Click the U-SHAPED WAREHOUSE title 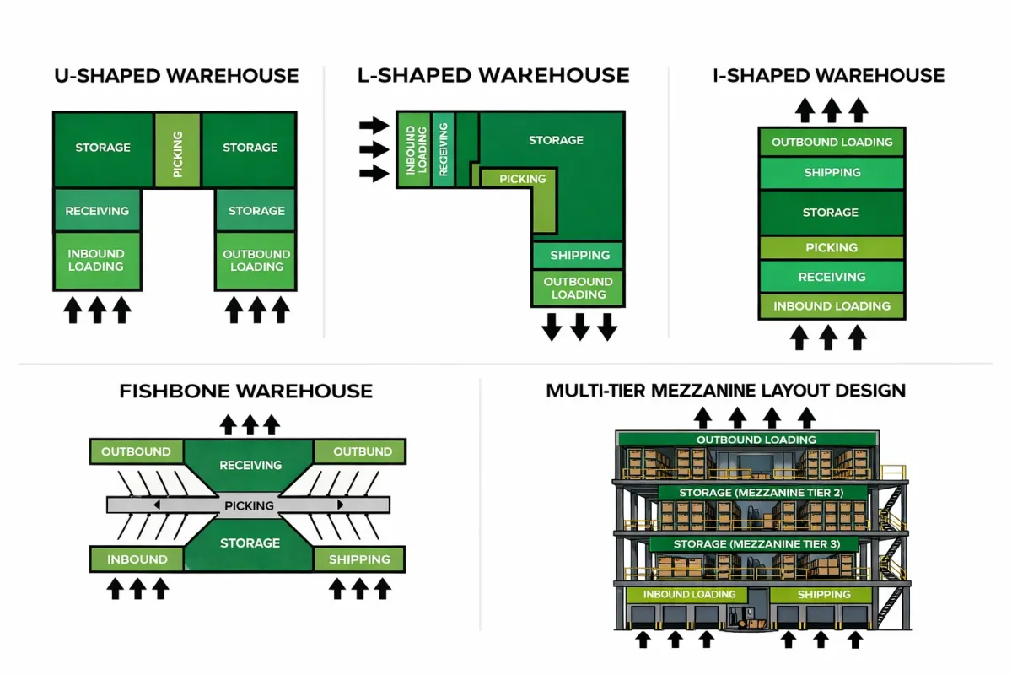(176, 76)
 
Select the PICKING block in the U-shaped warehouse (177, 150)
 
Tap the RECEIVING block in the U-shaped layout (97, 211)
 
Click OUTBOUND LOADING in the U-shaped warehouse (256, 260)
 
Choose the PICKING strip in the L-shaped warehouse (523, 179)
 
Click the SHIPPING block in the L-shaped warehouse (579, 255)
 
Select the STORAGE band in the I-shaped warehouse (832, 213)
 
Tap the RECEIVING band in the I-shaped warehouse (832, 277)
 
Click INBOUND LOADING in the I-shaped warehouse (832, 306)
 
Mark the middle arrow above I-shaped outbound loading (832, 110)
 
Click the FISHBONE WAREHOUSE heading (246, 391)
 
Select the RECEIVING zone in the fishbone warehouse (250, 465)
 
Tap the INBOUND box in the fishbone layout (137, 559)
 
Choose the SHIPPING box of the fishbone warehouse (359, 559)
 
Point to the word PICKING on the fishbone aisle (250, 505)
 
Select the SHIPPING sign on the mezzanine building (824, 595)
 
